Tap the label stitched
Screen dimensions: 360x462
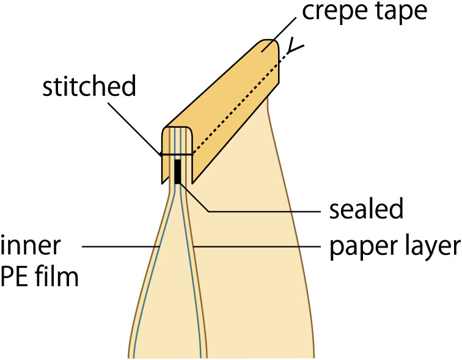(89, 87)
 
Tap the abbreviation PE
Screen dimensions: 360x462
(15, 278)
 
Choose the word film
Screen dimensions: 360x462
(56, 278)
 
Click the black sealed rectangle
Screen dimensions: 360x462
(178, 171)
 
